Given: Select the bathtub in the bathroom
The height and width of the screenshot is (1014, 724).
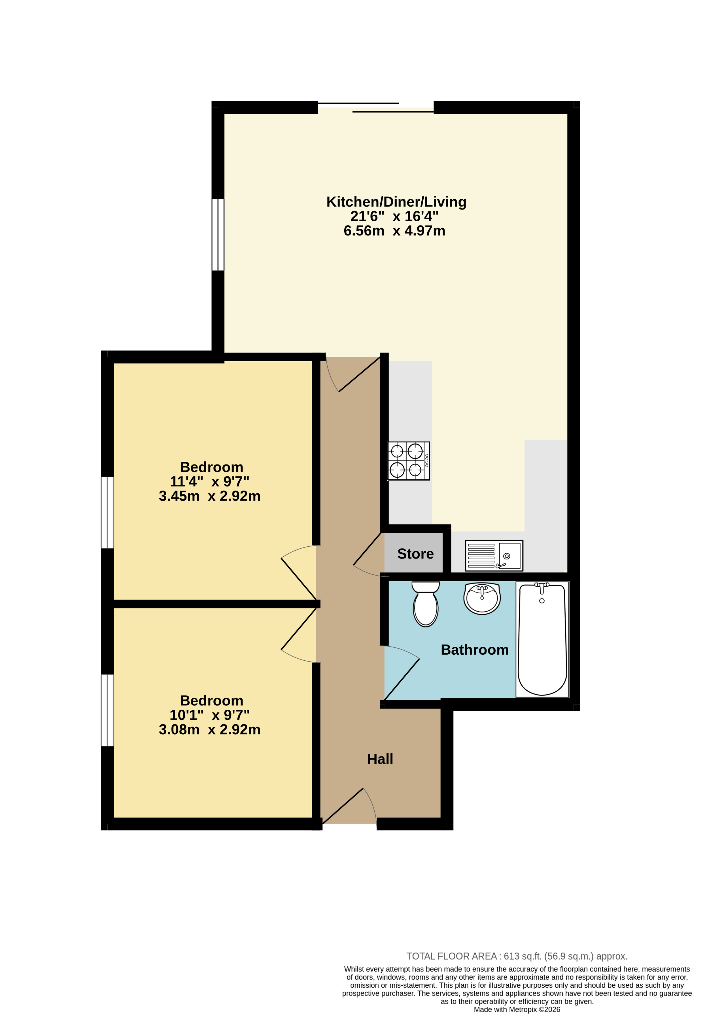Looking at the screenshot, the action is (x=542, y=639).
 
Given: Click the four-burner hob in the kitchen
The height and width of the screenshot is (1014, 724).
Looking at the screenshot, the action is (x=408, y=461).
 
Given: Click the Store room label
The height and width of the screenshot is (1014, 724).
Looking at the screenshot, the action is (x=415, y=554).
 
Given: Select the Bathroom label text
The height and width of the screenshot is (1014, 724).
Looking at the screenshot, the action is (x=475, y=650).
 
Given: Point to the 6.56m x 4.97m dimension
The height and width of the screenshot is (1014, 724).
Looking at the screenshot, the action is (x=394, y=230).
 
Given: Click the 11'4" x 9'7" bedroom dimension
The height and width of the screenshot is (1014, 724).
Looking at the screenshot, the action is (x=209, y=481).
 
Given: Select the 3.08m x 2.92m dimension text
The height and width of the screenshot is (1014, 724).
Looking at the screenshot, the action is (x=209, y=729).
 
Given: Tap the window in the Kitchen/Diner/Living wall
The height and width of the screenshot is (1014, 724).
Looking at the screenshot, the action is (x=218, y=235).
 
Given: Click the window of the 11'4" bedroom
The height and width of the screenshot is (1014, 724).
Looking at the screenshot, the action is (x=107, y=512).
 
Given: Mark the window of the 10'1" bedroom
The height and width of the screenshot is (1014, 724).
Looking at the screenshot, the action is (x=107, y=710).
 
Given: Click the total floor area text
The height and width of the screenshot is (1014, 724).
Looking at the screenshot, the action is (x=517, y=956).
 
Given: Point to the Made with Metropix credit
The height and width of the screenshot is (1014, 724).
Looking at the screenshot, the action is (x=517, y=1009).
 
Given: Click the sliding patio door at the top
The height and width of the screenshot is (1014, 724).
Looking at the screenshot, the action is (x=375, y=107).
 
